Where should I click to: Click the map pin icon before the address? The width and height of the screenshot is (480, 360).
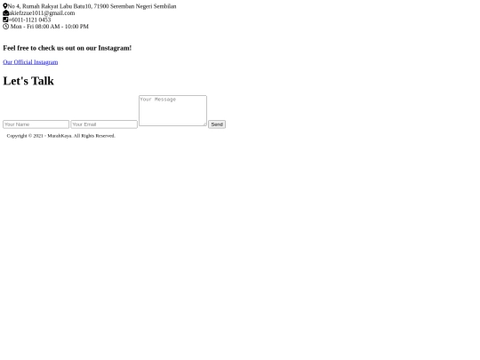pos(5,6)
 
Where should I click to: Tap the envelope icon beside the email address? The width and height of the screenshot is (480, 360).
pos(6,12)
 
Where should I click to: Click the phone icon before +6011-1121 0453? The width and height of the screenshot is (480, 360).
pos(5,20)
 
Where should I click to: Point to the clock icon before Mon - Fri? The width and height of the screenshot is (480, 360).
pos(6,27)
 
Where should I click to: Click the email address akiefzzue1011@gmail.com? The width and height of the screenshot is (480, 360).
pos(42,12)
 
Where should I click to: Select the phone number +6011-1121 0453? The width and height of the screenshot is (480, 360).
pos(29,20)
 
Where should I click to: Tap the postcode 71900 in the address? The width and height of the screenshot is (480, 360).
pos(101,6)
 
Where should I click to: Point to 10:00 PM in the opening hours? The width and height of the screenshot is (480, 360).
pos(76,27)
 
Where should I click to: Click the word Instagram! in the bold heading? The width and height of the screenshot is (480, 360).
pos(115,48)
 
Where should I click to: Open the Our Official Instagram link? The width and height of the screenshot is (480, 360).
pos(30,62)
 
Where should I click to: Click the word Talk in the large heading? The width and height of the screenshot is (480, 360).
pos(43,81)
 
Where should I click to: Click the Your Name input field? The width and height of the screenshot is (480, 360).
pos(36,124)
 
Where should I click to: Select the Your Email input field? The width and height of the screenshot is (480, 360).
pos(104,124)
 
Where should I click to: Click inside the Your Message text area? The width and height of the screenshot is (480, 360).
pos(172,110)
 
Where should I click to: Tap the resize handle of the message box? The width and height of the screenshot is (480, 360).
pos(204,124)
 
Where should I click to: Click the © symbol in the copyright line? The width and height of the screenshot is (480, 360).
pos(30,136)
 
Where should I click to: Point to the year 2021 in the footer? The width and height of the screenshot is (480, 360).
pos(38,136)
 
